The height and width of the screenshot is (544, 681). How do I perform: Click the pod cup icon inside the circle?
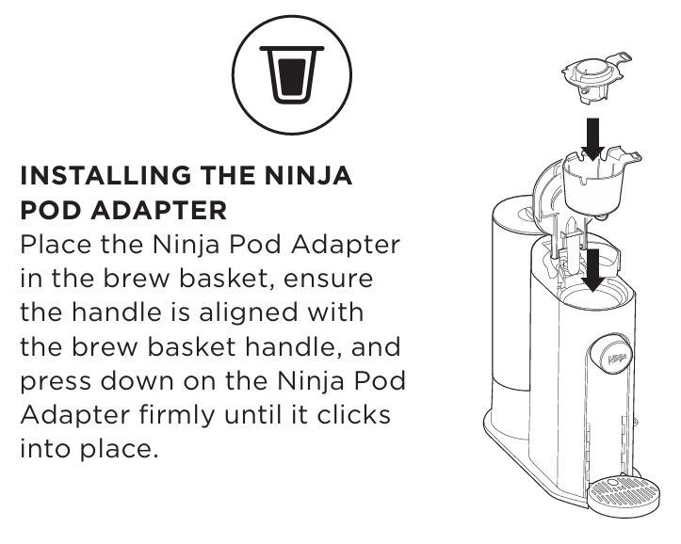click(291, 74)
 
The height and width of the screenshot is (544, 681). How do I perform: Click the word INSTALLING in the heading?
click(105, 175)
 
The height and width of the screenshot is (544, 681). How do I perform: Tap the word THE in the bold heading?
click(228, 175)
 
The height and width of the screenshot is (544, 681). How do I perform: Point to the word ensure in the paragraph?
click(329, 278)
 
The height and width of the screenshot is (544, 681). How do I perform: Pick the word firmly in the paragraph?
click(177, 415)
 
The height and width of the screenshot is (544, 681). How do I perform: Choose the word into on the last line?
click(45, 449)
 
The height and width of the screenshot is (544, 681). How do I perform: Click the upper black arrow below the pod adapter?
click(592, 138)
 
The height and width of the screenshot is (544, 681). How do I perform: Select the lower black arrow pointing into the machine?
click(592, 269)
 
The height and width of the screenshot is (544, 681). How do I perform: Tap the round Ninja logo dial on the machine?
click(609, 354)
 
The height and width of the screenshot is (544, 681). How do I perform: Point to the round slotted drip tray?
click(624, 496)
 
